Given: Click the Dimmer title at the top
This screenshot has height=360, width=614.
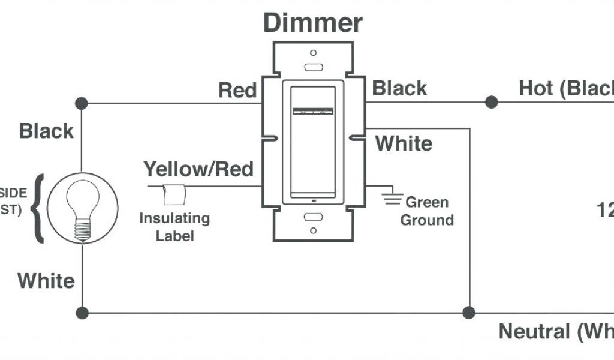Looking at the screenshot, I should (x=312, y=23).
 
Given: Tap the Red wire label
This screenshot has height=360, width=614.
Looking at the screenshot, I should (x=237, y=90).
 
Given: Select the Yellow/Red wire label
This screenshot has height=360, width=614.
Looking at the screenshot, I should (x=198, y=169).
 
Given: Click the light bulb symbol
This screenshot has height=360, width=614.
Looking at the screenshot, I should (x=82, y=208).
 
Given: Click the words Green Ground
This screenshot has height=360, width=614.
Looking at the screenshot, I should (x=426, y=211).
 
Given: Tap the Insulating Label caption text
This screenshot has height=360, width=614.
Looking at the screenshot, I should (x=174, y=226).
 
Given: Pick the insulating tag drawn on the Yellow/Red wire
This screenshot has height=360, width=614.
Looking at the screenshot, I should (x=175, y=194).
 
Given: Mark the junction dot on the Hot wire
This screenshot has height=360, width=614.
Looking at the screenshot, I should (x=492, y=102).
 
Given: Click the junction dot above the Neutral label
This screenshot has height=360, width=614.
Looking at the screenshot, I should (x=469, y=313).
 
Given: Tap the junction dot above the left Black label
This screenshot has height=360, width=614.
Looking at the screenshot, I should (x=82, y=103).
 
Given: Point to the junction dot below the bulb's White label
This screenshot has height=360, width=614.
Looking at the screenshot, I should (x=82, y=313).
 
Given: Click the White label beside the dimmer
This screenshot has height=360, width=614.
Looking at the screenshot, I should (x=403, y=143).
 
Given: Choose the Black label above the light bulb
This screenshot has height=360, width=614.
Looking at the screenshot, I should (x=46, y=131).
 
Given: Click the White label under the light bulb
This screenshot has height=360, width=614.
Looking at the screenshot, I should (x=46, y=280).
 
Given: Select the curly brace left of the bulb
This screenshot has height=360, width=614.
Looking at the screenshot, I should (x=40, y=208).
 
